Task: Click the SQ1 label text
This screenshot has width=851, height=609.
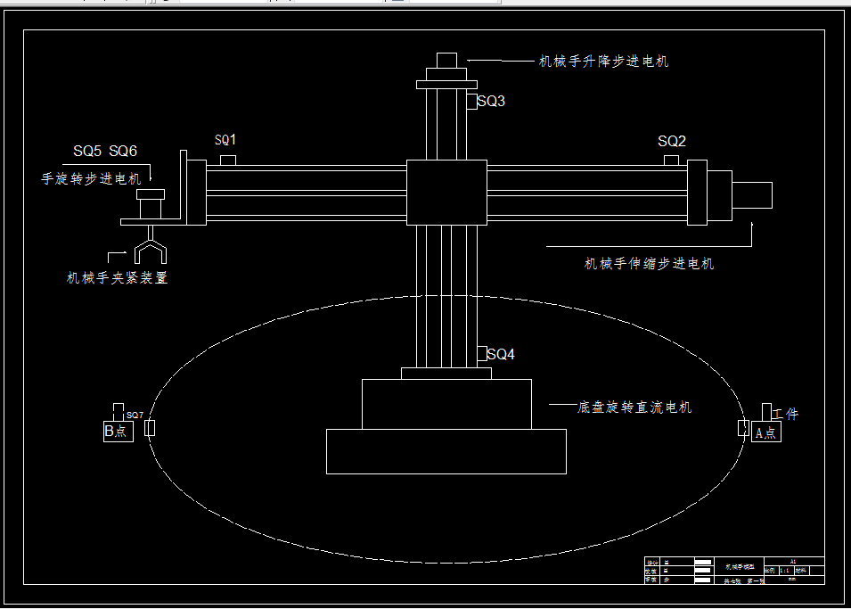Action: pos(225,140)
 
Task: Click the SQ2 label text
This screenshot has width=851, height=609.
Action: pos(672,141)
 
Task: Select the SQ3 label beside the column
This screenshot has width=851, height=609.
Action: pos(491,101)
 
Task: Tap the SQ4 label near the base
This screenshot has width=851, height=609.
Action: pos(501,354)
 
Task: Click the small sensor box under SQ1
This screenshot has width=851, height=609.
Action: pos(227,160)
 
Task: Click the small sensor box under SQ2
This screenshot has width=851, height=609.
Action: pos(671,160)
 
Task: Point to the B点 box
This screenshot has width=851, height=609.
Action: pos(118,432)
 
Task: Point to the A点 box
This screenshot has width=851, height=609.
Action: pos(765,432)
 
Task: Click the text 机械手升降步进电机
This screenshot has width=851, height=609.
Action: pos(603,62)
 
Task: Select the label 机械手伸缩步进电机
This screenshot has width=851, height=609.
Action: pos(649,263)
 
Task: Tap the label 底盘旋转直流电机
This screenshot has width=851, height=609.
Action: pos(634,407)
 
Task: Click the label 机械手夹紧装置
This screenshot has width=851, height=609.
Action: pos(118,277)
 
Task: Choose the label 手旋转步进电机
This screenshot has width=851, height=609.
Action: pos(91,178)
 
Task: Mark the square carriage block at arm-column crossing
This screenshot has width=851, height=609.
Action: pos(446,193)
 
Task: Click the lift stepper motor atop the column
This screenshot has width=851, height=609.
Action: pos(446,61)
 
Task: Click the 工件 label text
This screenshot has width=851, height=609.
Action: pos(786,414)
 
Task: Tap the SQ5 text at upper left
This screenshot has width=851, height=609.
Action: pos(87,151)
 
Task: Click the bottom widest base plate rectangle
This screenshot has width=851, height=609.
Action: pos(446,451)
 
